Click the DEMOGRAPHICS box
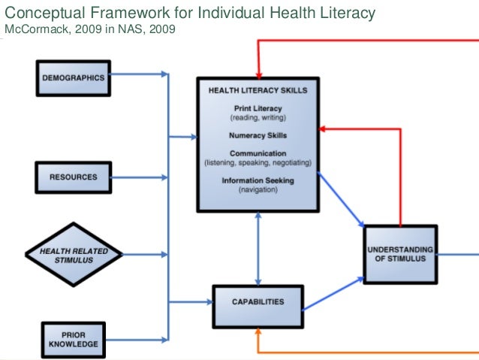click(x=73, y=77)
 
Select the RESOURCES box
click(x=73, y=177)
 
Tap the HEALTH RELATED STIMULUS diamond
click(x=72, y=255)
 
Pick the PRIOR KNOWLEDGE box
click(x=74, y=340)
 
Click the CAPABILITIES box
click(x=258, y=302)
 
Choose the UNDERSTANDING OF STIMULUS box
click(x=399, y=253)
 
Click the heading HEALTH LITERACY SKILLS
click(x=258, y=91)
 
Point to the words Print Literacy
click(x=258, y=109)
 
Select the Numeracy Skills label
click(x=258, y=135)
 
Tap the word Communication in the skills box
click(x=258, y=154)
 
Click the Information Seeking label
click(x=258, y=180)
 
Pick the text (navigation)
click(x=258, y=189)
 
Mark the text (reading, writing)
click(x=258, y=118)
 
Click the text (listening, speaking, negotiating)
click(x=258, y=163)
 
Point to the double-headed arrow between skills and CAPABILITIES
click(x=258, y=249)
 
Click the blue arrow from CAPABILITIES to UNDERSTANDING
click(x=333, y=293)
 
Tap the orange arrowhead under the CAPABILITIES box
click(x=258, y=331)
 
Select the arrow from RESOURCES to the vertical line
click(x=140, y=177)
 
